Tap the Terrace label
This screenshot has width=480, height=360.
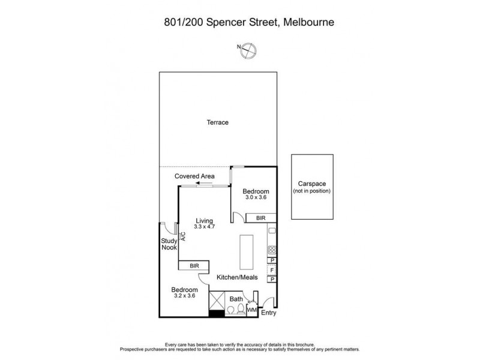[217, 122]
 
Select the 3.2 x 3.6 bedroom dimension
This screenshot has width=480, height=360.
[185, 296]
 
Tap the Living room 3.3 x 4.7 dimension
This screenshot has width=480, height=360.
[205, 227]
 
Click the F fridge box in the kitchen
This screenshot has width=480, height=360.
[272, 270]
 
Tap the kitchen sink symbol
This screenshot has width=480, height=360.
[272, 231]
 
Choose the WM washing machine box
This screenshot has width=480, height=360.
[252, 310]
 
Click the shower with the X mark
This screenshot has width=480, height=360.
[217, 300]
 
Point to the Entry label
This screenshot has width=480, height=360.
[269, 313]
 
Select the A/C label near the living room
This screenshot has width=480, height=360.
[183, 236]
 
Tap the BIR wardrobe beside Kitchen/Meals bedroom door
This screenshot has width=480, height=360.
[194, 265]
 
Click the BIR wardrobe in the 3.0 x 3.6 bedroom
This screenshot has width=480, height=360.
[260, 218]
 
